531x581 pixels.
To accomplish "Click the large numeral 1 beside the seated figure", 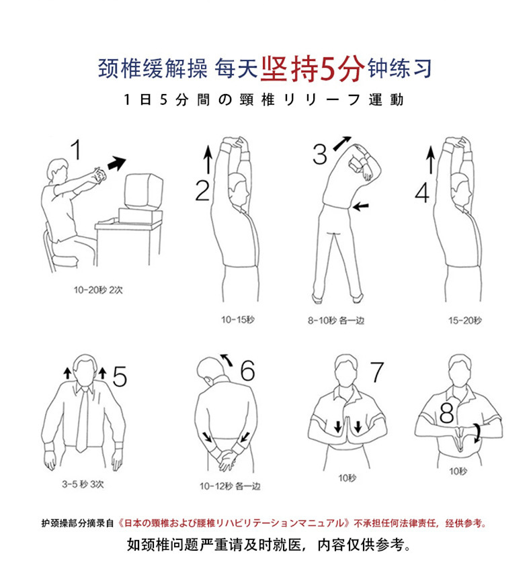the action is (x=77, y=150).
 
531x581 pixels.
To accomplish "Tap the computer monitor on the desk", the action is (x=144, y=192).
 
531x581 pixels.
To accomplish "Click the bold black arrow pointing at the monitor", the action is (x=116, y=163).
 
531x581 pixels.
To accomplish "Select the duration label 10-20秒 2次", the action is (x=98, y=289).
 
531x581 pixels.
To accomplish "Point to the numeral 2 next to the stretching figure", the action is (x=202, y=191).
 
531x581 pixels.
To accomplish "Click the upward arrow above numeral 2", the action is (x=208, y=159).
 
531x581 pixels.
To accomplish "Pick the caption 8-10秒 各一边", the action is (x=336, y=320).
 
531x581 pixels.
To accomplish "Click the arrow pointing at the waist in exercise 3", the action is (x=361, y=206).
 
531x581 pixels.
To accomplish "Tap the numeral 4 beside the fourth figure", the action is (x=422, y=193).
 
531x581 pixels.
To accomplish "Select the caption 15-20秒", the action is (x=465, y=320).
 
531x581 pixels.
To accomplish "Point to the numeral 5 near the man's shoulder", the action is (x=120, y=376).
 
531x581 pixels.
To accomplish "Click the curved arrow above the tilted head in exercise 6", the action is (x=227, y=360).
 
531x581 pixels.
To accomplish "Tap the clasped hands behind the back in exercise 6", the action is (x=227, y=459).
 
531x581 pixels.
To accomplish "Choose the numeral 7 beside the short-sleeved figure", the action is (x=377, y=371).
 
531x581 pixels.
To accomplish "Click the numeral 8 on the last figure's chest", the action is (x=446, y=413).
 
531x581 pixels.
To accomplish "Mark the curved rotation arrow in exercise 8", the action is (x=477, y=433).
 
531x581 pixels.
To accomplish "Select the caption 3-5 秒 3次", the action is (x=83, y=484).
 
